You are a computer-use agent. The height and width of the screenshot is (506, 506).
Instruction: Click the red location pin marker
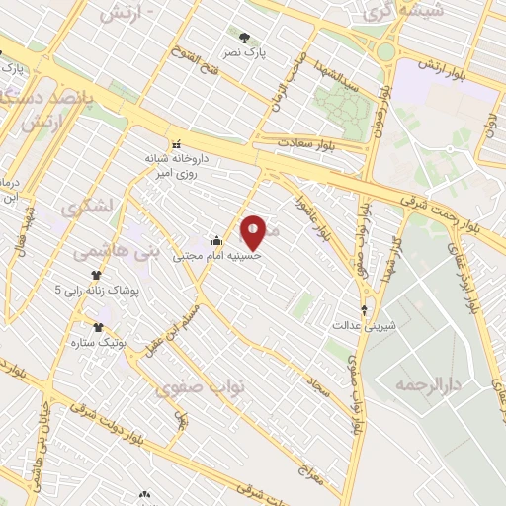click(x=253, y=231)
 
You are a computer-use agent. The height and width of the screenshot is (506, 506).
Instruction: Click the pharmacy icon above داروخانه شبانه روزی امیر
click(x=177, y=143)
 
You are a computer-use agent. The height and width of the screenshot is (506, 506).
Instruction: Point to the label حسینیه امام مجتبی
click(x=217, y=255)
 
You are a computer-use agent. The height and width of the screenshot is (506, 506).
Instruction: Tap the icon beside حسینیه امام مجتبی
click(x=216, y=240)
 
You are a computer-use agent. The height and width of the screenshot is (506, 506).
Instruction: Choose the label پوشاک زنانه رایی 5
click(x=98, y=291)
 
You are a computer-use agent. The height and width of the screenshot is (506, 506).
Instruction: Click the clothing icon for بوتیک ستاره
click(x=98, y=327)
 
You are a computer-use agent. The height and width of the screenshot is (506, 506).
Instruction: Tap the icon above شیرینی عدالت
click(x=364, y=309)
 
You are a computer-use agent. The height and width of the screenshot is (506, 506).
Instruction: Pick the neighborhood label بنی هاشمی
click(x=116, y=252)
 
